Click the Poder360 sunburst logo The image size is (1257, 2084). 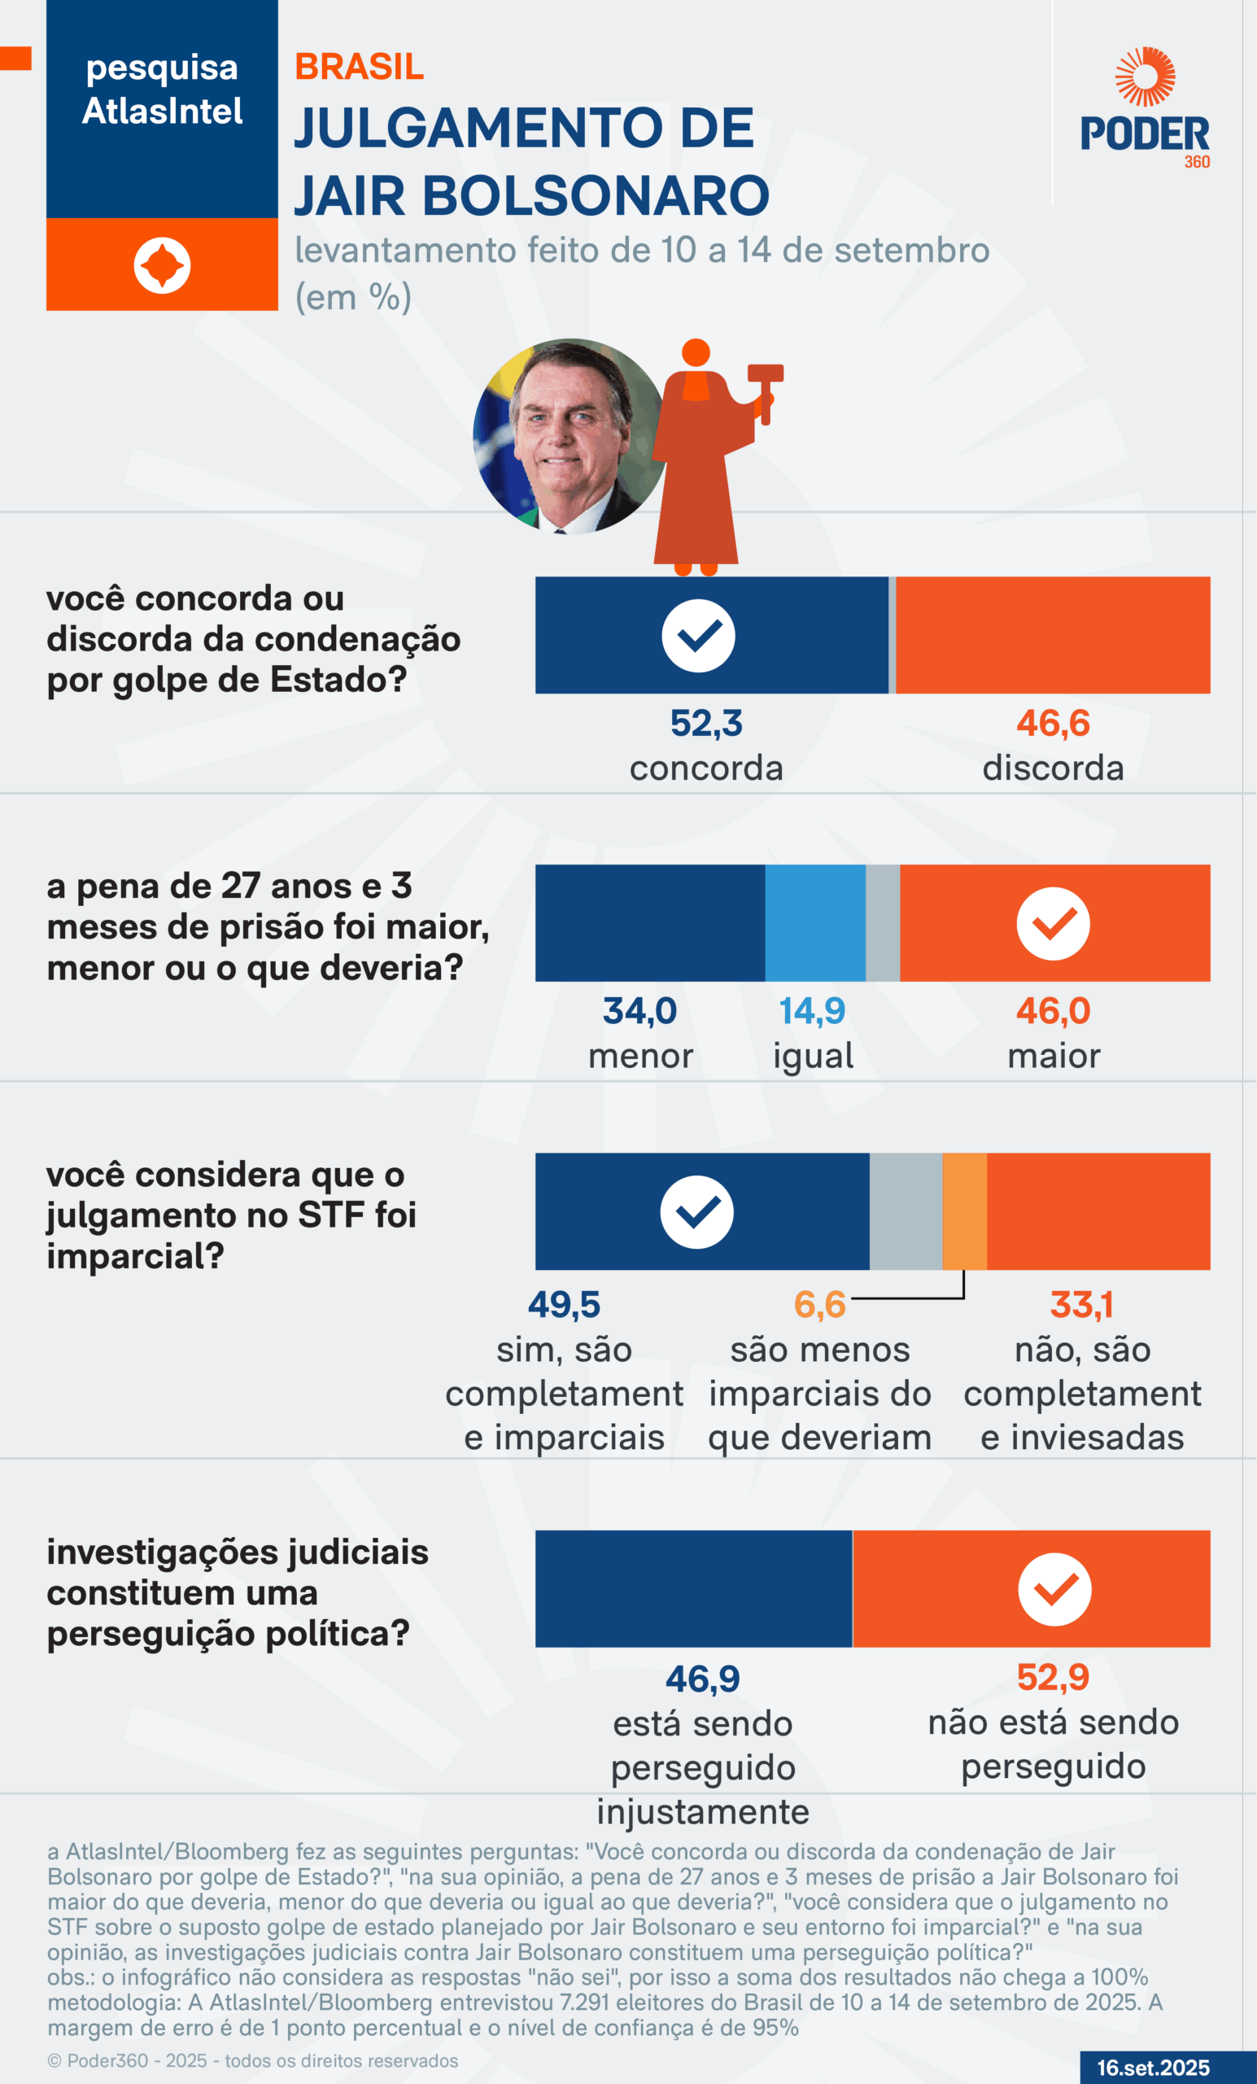1145,77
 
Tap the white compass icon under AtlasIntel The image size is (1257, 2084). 162,265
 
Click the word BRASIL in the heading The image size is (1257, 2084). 360,68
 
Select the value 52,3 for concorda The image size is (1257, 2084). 706,723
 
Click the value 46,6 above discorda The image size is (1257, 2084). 1053,723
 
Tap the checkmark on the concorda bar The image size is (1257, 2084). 698,636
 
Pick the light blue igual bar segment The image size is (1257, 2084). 815,923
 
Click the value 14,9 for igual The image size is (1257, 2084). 811,1011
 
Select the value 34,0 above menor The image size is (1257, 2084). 640,1011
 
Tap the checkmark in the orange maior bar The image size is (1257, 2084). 1054,924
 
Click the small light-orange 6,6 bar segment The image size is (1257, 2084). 965,1211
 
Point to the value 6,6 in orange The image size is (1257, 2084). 819,1305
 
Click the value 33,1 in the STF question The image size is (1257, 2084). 1081,1305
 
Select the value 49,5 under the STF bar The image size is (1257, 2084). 564,1305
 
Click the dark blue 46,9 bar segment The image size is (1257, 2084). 693,1588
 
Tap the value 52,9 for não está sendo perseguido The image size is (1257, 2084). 1053,1677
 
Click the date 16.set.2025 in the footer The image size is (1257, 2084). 1153,2068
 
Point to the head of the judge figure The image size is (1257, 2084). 696,352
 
